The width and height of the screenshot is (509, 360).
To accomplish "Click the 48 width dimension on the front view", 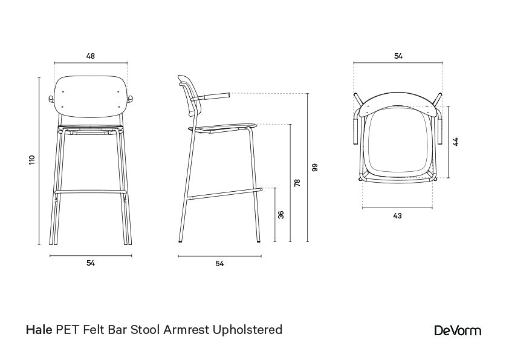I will click(x=90, y=56).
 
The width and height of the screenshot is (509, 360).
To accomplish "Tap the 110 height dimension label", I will click(x=33, y=160).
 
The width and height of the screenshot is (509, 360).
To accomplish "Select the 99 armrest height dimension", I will click(x=314, y=168).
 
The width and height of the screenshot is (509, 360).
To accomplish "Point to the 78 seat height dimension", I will click(x=297, y=183).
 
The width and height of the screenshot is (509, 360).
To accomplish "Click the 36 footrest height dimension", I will click(x=281, y=215).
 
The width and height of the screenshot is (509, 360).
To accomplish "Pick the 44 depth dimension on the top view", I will click(x=456, y=142).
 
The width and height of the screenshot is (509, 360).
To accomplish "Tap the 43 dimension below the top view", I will click(x=397, y=215).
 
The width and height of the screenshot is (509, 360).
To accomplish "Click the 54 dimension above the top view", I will click(x=398, y=56).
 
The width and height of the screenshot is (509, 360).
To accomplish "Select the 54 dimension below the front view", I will click(x=90, y=263).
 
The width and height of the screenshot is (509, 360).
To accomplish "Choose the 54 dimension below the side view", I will click(x=219, y=264).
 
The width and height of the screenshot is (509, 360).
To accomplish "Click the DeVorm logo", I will click(x=458, y=330).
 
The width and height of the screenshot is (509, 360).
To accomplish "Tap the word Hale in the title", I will click(x=39, y=330).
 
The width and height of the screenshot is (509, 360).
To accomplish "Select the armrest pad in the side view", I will click(x=216, y=95).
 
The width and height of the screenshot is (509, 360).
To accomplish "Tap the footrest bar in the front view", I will click(x=90, y=192).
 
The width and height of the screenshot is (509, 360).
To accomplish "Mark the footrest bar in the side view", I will click(x=224, y=194).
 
